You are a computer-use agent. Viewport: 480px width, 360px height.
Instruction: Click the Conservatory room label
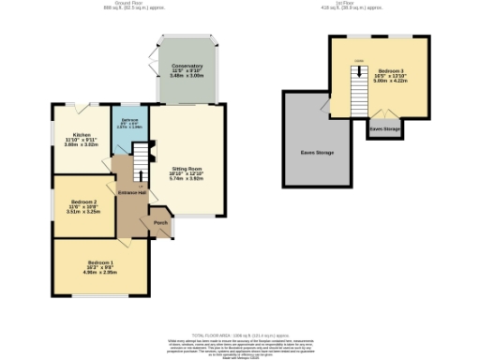(x=187, y=66)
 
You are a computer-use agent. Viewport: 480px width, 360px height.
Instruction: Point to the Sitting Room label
(x=187, y=167)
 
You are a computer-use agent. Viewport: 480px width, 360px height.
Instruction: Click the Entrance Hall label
(x=131, y=192)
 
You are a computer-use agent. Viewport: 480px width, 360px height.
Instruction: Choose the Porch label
(x=160, y=223)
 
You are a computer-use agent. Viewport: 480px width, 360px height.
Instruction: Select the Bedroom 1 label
(x=100, y=262)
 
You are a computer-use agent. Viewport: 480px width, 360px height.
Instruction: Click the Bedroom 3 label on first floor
(x=392, y=71)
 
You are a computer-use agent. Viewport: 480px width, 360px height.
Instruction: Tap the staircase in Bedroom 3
(x=358, y=92)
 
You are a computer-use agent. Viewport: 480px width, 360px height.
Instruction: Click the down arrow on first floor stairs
(x=357, y=64)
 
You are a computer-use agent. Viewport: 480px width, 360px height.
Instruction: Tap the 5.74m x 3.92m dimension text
(x=187, y=178)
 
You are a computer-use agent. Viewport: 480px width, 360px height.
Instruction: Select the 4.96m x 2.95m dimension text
(x=100, y=273)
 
